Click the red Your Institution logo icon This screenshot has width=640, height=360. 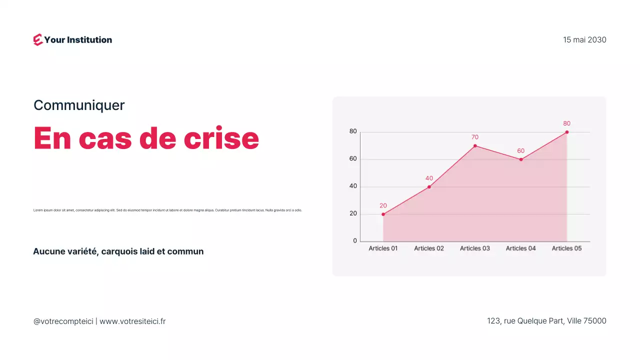click(x=38, y=40)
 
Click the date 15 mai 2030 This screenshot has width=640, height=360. click(x=584, y=40)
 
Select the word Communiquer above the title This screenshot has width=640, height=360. click(x=79, y=105)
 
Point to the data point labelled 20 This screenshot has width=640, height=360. click(x=383, y=214)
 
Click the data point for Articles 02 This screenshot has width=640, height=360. click(x=429, y=187)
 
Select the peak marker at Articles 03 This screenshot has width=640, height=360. click(x=475, y=146)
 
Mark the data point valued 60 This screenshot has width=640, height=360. click(x=521, y=159)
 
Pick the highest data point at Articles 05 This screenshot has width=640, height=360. click(x=567, y=132)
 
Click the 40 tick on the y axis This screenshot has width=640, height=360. click(x=353, y=186)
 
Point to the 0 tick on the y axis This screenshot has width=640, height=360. click(x=355, y=241)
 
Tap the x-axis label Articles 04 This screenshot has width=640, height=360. click(x=520, y=248)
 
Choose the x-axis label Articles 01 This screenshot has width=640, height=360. click(x=383, y=248)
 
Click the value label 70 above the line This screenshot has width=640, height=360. click(x=475, y=137)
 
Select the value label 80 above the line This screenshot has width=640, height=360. click(x=566, y=123)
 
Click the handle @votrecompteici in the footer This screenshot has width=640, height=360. click(x=63, y=321)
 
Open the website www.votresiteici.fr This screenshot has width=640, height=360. click(x=132, y=321)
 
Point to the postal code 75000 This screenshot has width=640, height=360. click(x=595, y=321)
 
